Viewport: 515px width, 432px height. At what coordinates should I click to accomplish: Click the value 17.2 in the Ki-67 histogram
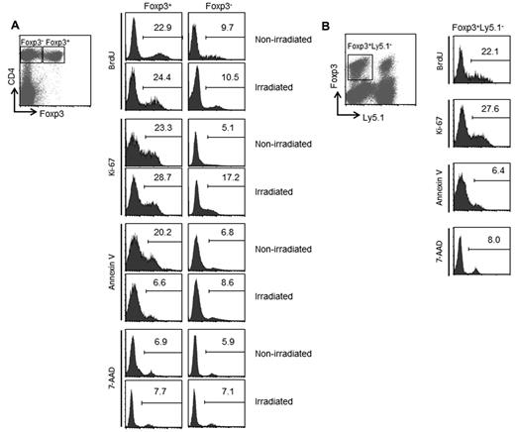coord(228,179)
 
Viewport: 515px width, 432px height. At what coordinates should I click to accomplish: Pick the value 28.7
coord(161,179)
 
